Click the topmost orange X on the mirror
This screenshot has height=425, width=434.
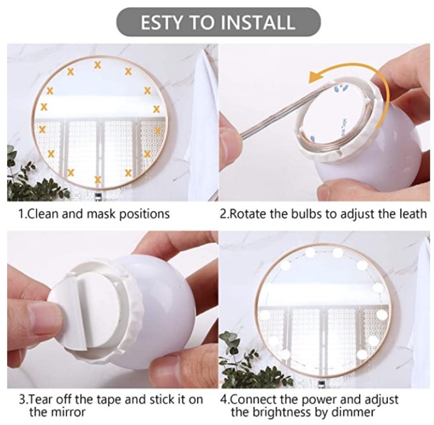[97, 65]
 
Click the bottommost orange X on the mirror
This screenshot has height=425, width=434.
[97, 179]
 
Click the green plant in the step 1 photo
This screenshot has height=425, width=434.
[33, 180]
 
